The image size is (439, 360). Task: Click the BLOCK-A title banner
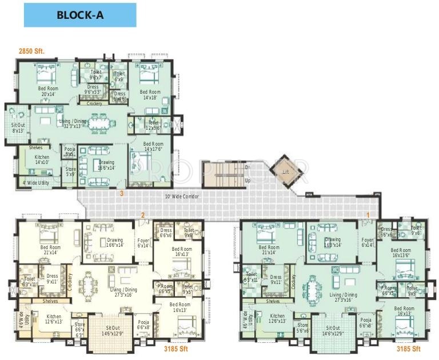80,15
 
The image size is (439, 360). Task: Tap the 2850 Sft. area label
31,51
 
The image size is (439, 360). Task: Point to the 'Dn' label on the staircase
248,167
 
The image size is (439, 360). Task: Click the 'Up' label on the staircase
248,181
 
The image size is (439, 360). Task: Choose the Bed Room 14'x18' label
150,95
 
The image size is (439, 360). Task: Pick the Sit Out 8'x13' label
18,127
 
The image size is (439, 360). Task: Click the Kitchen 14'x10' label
42,160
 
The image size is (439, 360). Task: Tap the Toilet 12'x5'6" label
153,125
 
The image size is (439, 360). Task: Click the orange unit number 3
121,193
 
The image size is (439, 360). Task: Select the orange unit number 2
143,215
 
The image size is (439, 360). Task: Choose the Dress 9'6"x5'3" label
93,90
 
